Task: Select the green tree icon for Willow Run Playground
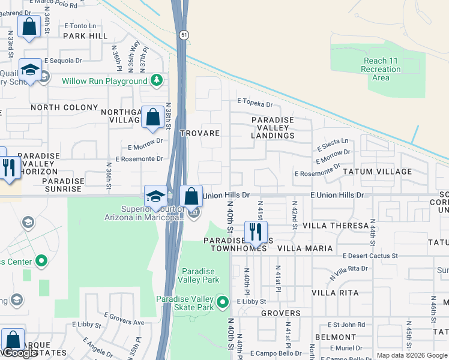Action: pyautogui.click(x=157, y=80)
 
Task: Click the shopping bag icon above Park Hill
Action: pyautogui.click(x=29, y=27)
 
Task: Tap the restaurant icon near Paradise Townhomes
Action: pyautogui.click(x=256, y=232)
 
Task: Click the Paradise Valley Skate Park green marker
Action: pyautogui.click(x=223, y=302)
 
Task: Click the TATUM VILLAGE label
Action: pyautogui.click(x=377, y=172)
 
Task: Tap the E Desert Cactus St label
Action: pyautogui.click(x=370, y=256)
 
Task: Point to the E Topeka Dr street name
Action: pyautogui.click(x=258, y=103)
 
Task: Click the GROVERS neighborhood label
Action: pyautogui.click(x=281, y=313)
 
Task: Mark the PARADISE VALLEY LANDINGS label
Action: pyautogui.click(x=273, y=128)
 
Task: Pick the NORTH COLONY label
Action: pyautogui.click(x=64, y=107)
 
